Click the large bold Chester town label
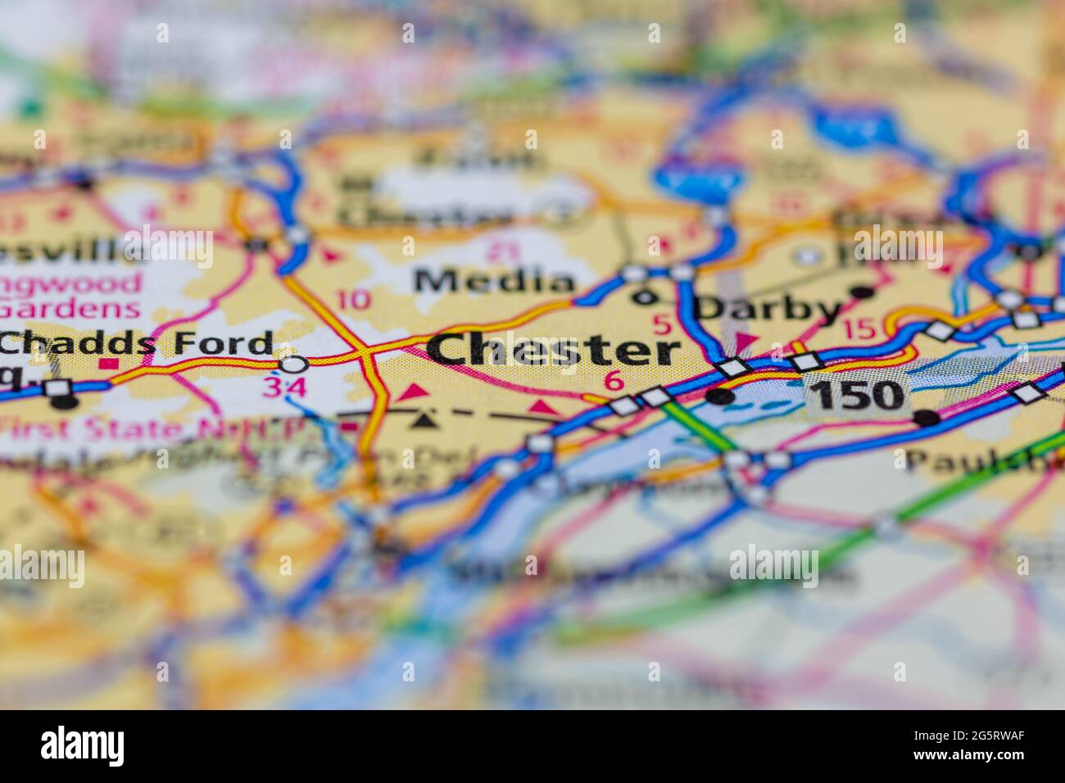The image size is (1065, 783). coord(554,350)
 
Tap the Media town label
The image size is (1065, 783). coord(494,282)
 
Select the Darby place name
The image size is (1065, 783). coord(768,309)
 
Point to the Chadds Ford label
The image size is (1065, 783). coord(136,344)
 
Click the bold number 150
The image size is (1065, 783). coord(858,396)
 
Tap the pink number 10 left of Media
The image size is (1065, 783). coord(353,300)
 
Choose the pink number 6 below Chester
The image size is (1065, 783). coord(614,381)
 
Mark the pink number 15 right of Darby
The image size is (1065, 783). coord(859,329)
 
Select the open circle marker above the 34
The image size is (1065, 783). coord(294,363)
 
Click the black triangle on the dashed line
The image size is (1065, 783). coord(423,421)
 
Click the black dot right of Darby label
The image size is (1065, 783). coord(861,292)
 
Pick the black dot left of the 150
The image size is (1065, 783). coord(720,397)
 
